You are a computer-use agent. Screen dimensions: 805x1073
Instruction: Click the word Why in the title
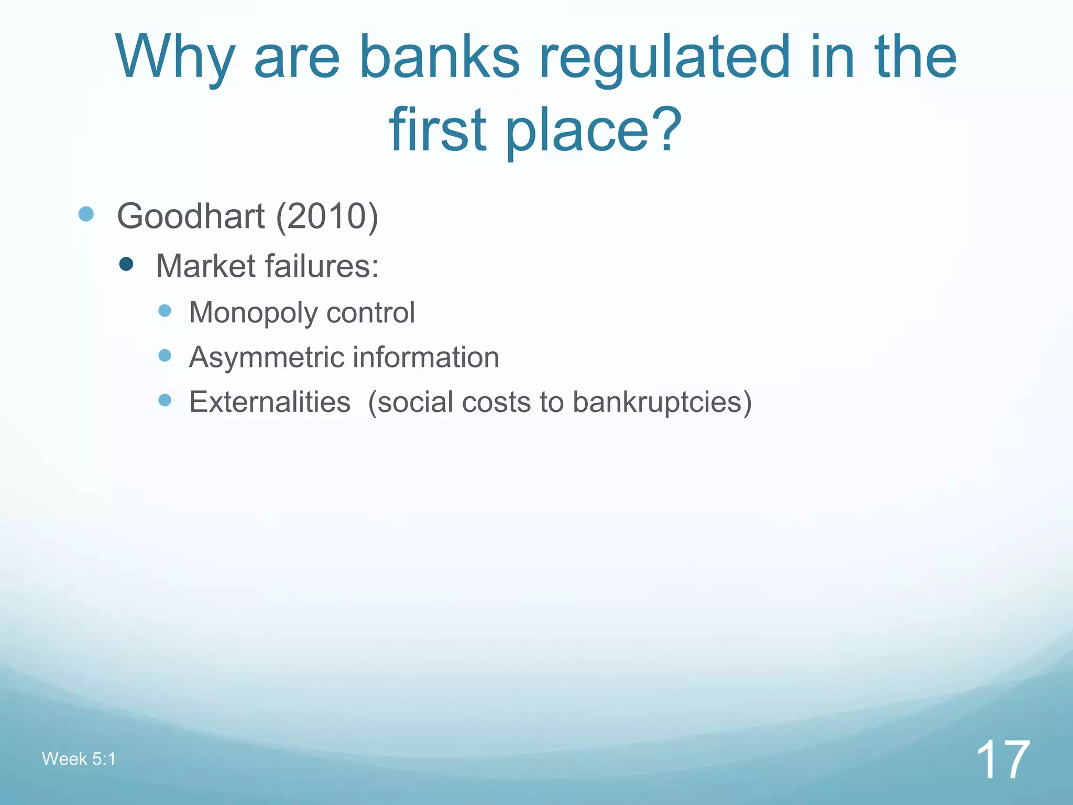pos(175,58)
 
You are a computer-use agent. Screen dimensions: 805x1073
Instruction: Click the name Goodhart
pos(191,216)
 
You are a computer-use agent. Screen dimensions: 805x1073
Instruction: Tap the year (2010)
pos(327,216)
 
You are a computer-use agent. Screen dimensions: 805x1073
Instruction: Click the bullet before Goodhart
pos(86,214)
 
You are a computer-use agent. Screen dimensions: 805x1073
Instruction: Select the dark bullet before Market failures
pos(126,264)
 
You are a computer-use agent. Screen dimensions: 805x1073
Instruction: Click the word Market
pos(205,266)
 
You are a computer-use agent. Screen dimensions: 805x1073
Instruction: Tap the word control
pos(370,312)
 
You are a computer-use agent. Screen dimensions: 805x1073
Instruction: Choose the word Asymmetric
pos(267,358)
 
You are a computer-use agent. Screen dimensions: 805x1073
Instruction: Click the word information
pos(426,357)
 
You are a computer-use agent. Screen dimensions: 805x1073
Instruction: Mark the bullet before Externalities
pos(165,400)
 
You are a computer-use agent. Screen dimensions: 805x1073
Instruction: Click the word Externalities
pos(270,402)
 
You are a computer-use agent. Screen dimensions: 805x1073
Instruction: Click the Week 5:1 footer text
pos(79,759)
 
